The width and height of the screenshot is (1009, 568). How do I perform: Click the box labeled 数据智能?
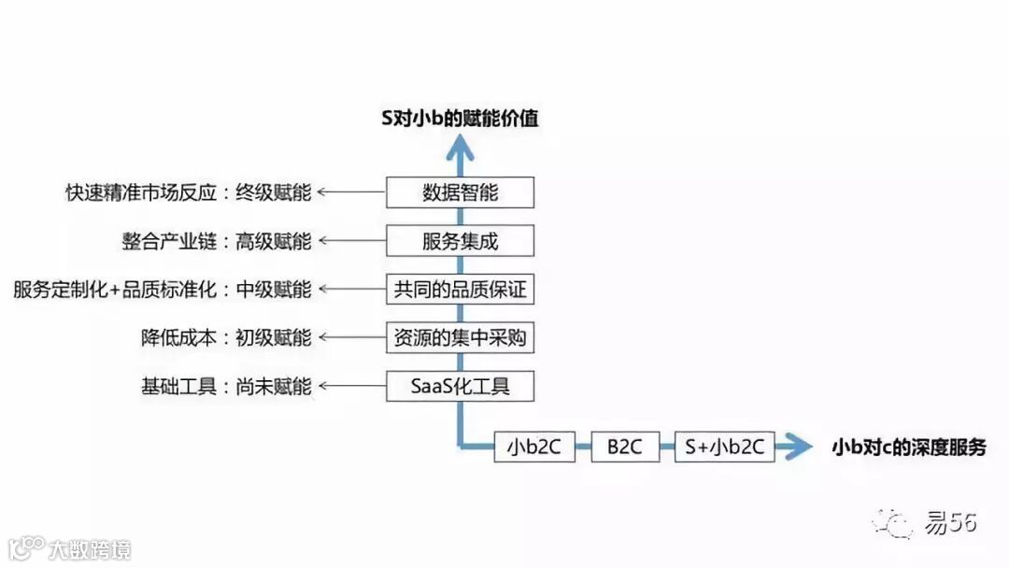[x=460, y=192]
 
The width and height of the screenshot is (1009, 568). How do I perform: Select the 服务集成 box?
[x=460, y=241]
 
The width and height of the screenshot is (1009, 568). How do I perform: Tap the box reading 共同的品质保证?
[x=460, y=289]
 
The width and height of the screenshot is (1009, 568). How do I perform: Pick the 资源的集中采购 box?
[x=460, y=337]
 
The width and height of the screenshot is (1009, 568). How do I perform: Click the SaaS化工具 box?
[x=460, y=386]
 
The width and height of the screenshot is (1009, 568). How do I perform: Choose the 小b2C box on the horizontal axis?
[x=533, y=447]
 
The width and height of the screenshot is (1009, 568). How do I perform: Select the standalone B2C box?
[x=625, y=447]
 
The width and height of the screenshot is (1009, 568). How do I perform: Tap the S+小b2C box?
[x=724, y=447]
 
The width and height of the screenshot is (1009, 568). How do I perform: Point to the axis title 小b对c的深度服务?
[x=909, y=447]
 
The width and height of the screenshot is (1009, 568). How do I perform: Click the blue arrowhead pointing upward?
[x=459, y=148]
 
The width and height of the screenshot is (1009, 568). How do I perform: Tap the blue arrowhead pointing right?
[x=798, y=447]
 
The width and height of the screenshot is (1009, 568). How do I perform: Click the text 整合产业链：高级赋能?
[x=217, y=241]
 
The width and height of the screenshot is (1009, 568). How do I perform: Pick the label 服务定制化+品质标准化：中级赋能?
[x=163, y=290]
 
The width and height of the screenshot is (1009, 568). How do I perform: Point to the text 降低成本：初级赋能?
[x=226, y=337]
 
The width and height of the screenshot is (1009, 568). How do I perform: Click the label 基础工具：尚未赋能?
[x=226, y=386]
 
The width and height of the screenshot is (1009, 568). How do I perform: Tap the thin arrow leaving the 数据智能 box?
[x=351, y=192]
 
